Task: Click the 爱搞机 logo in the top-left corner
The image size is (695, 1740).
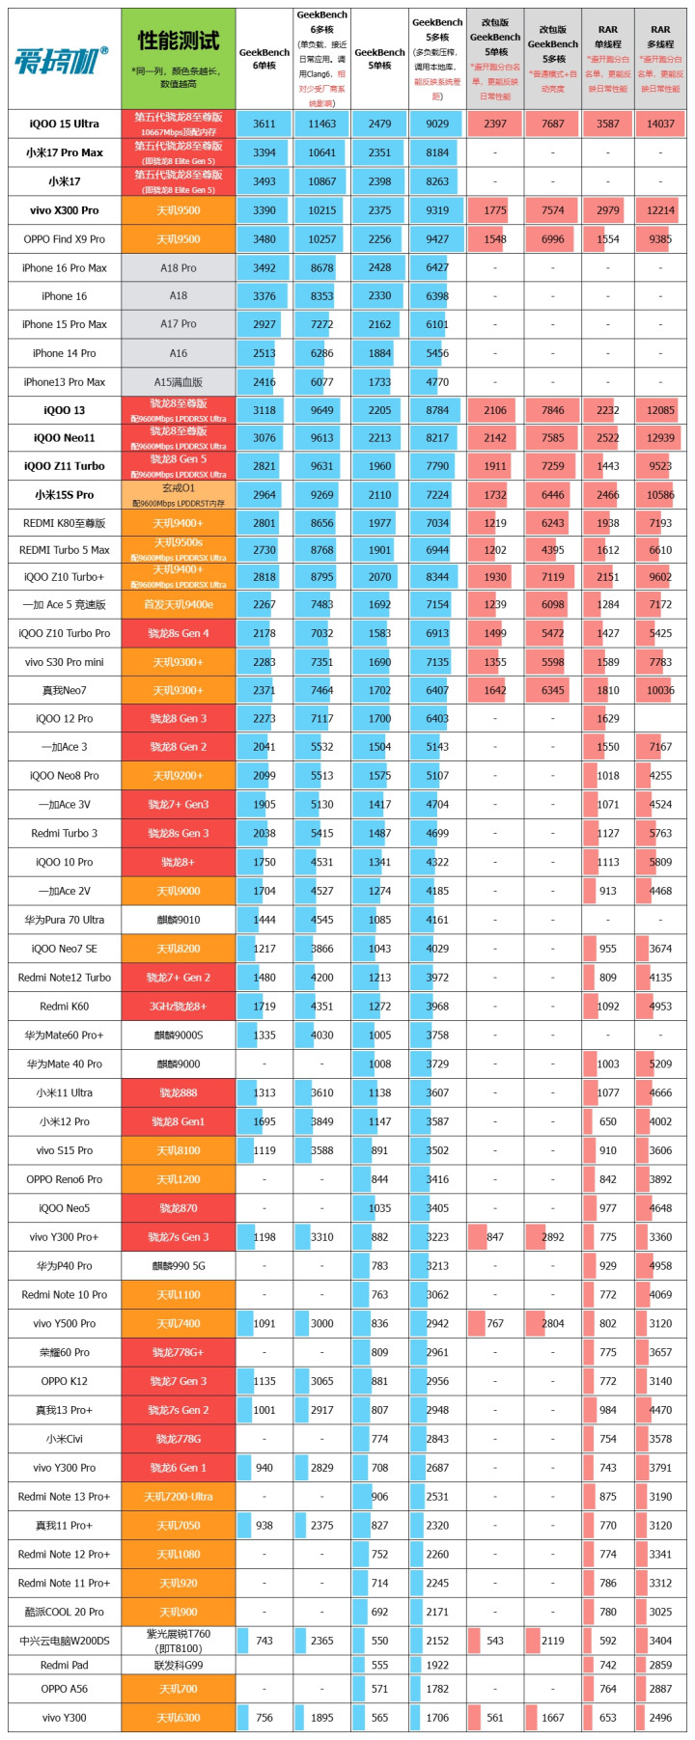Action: (61, 59)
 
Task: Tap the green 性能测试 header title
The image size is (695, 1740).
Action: (179, 41)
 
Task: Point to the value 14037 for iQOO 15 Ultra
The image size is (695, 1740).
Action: (660, 124)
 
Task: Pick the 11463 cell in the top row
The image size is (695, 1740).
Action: (322, 124)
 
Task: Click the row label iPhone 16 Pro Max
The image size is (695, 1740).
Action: (65, 267)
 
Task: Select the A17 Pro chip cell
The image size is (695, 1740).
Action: (179, 324)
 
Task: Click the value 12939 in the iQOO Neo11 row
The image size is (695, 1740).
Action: (660, 438)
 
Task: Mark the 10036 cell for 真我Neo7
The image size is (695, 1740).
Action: (660, 690)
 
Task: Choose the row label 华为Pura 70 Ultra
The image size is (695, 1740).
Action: (65, 920)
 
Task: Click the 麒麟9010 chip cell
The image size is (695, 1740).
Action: (179, 920)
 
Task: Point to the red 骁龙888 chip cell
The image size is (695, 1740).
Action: (179, 1092)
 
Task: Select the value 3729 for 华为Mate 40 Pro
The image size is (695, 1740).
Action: (437, 1063)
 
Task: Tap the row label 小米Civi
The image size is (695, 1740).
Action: (65, 1439)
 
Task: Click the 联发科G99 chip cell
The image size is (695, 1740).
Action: (179, 1665)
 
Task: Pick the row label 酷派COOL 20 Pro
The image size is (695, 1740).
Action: (65, 1612)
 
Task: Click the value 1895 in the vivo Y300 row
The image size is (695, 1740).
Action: (322, 1718)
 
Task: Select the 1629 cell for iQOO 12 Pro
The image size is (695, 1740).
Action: (608, 719)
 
